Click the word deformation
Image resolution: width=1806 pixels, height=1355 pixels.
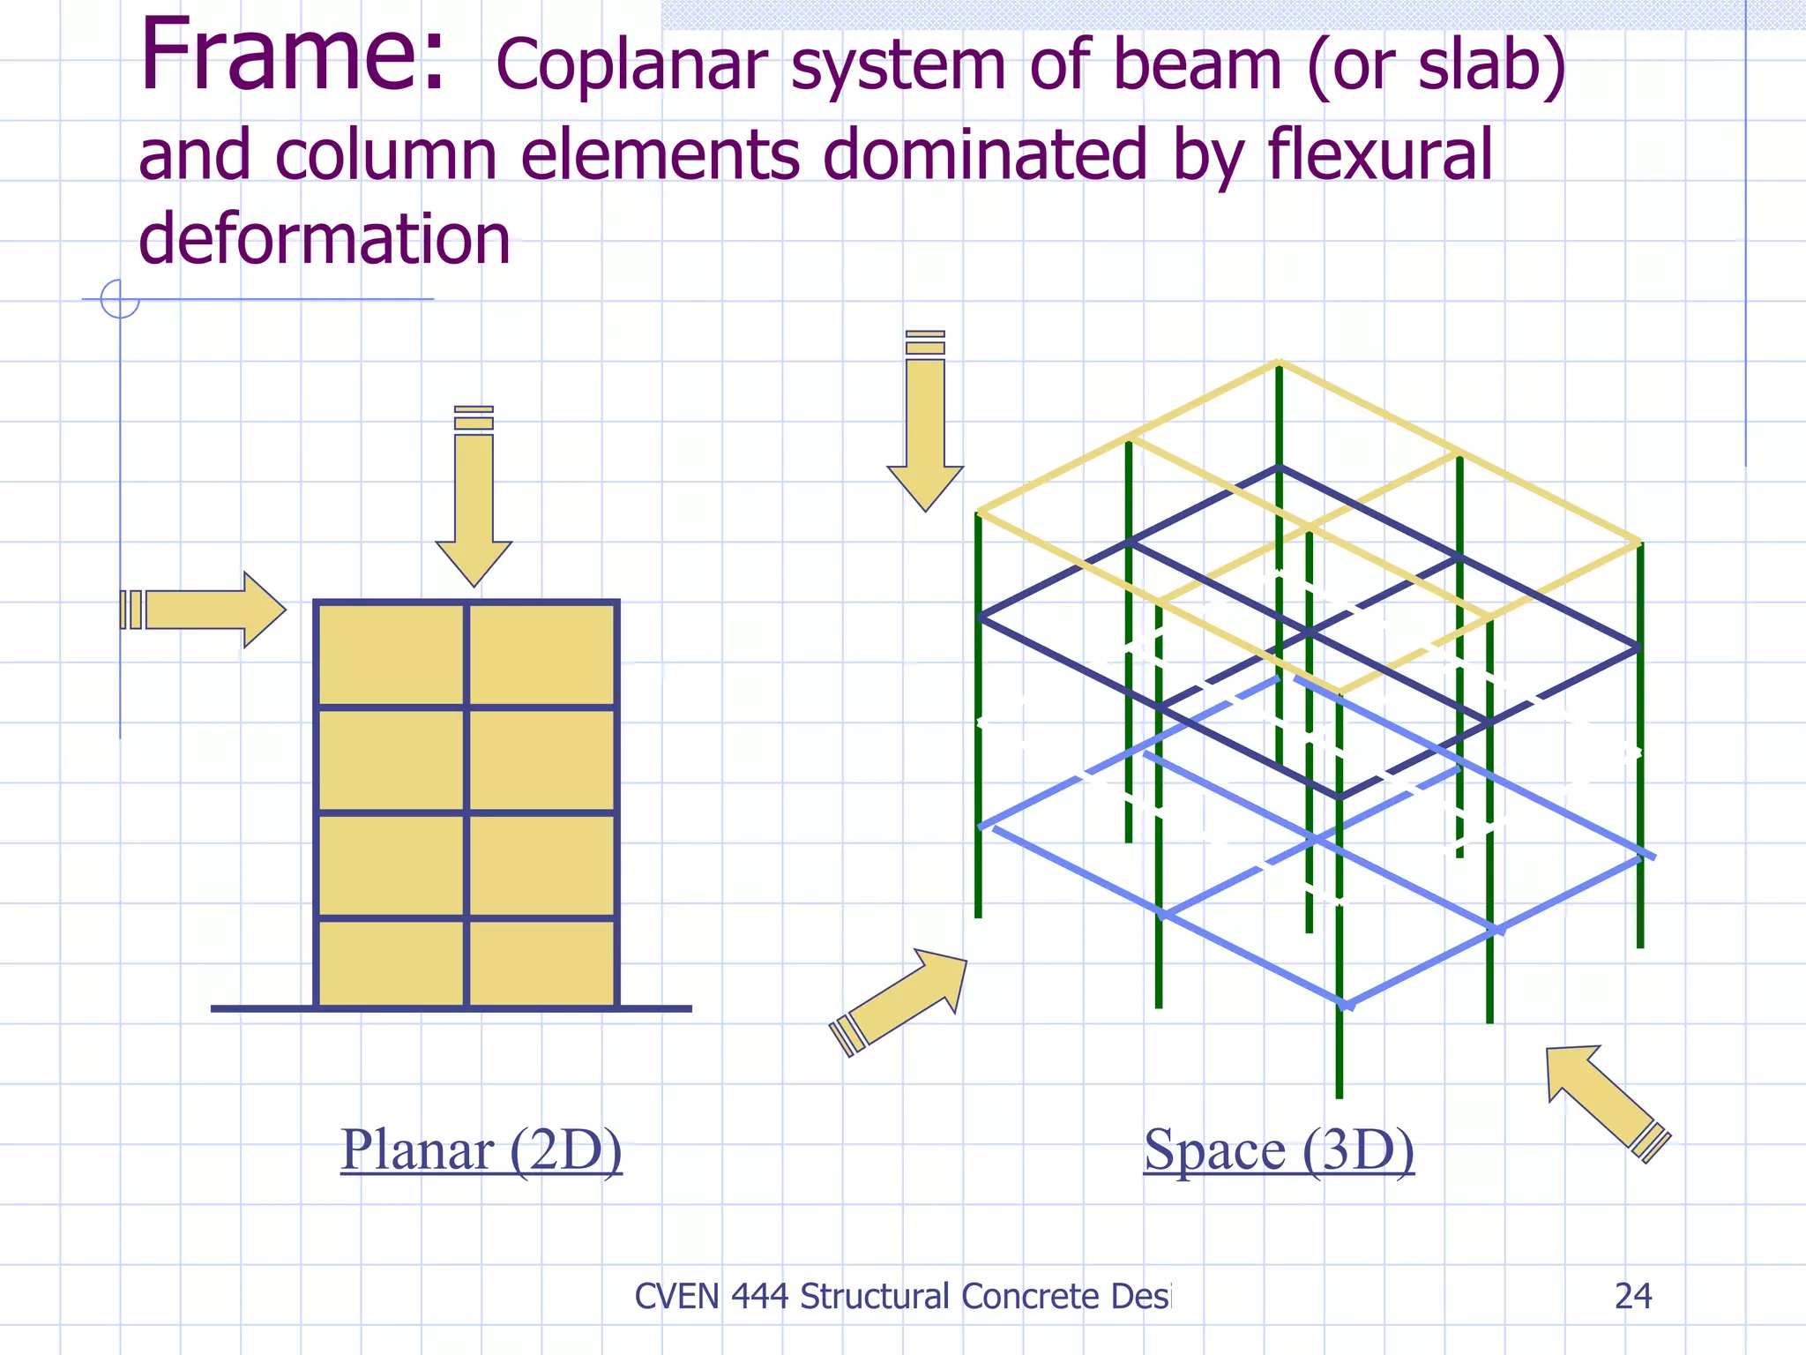325,239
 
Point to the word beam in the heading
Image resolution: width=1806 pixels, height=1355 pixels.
1195,66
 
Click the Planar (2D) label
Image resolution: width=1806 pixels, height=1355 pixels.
481,1150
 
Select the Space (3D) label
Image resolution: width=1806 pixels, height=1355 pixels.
1279,1150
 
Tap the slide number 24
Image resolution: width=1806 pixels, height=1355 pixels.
1632,1296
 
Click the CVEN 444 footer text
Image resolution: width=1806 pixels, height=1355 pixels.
901,1296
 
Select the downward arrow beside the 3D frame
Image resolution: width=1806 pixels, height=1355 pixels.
925,423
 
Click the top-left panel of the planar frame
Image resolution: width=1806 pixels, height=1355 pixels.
391,654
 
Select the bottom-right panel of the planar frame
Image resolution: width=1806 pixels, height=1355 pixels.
541,962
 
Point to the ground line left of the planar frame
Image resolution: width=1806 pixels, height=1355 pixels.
262,1008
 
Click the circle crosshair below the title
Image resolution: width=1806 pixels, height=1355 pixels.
120,299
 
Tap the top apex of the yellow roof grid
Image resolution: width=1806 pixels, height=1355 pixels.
1279,362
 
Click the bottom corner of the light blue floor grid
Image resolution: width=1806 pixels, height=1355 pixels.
1347,1004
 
